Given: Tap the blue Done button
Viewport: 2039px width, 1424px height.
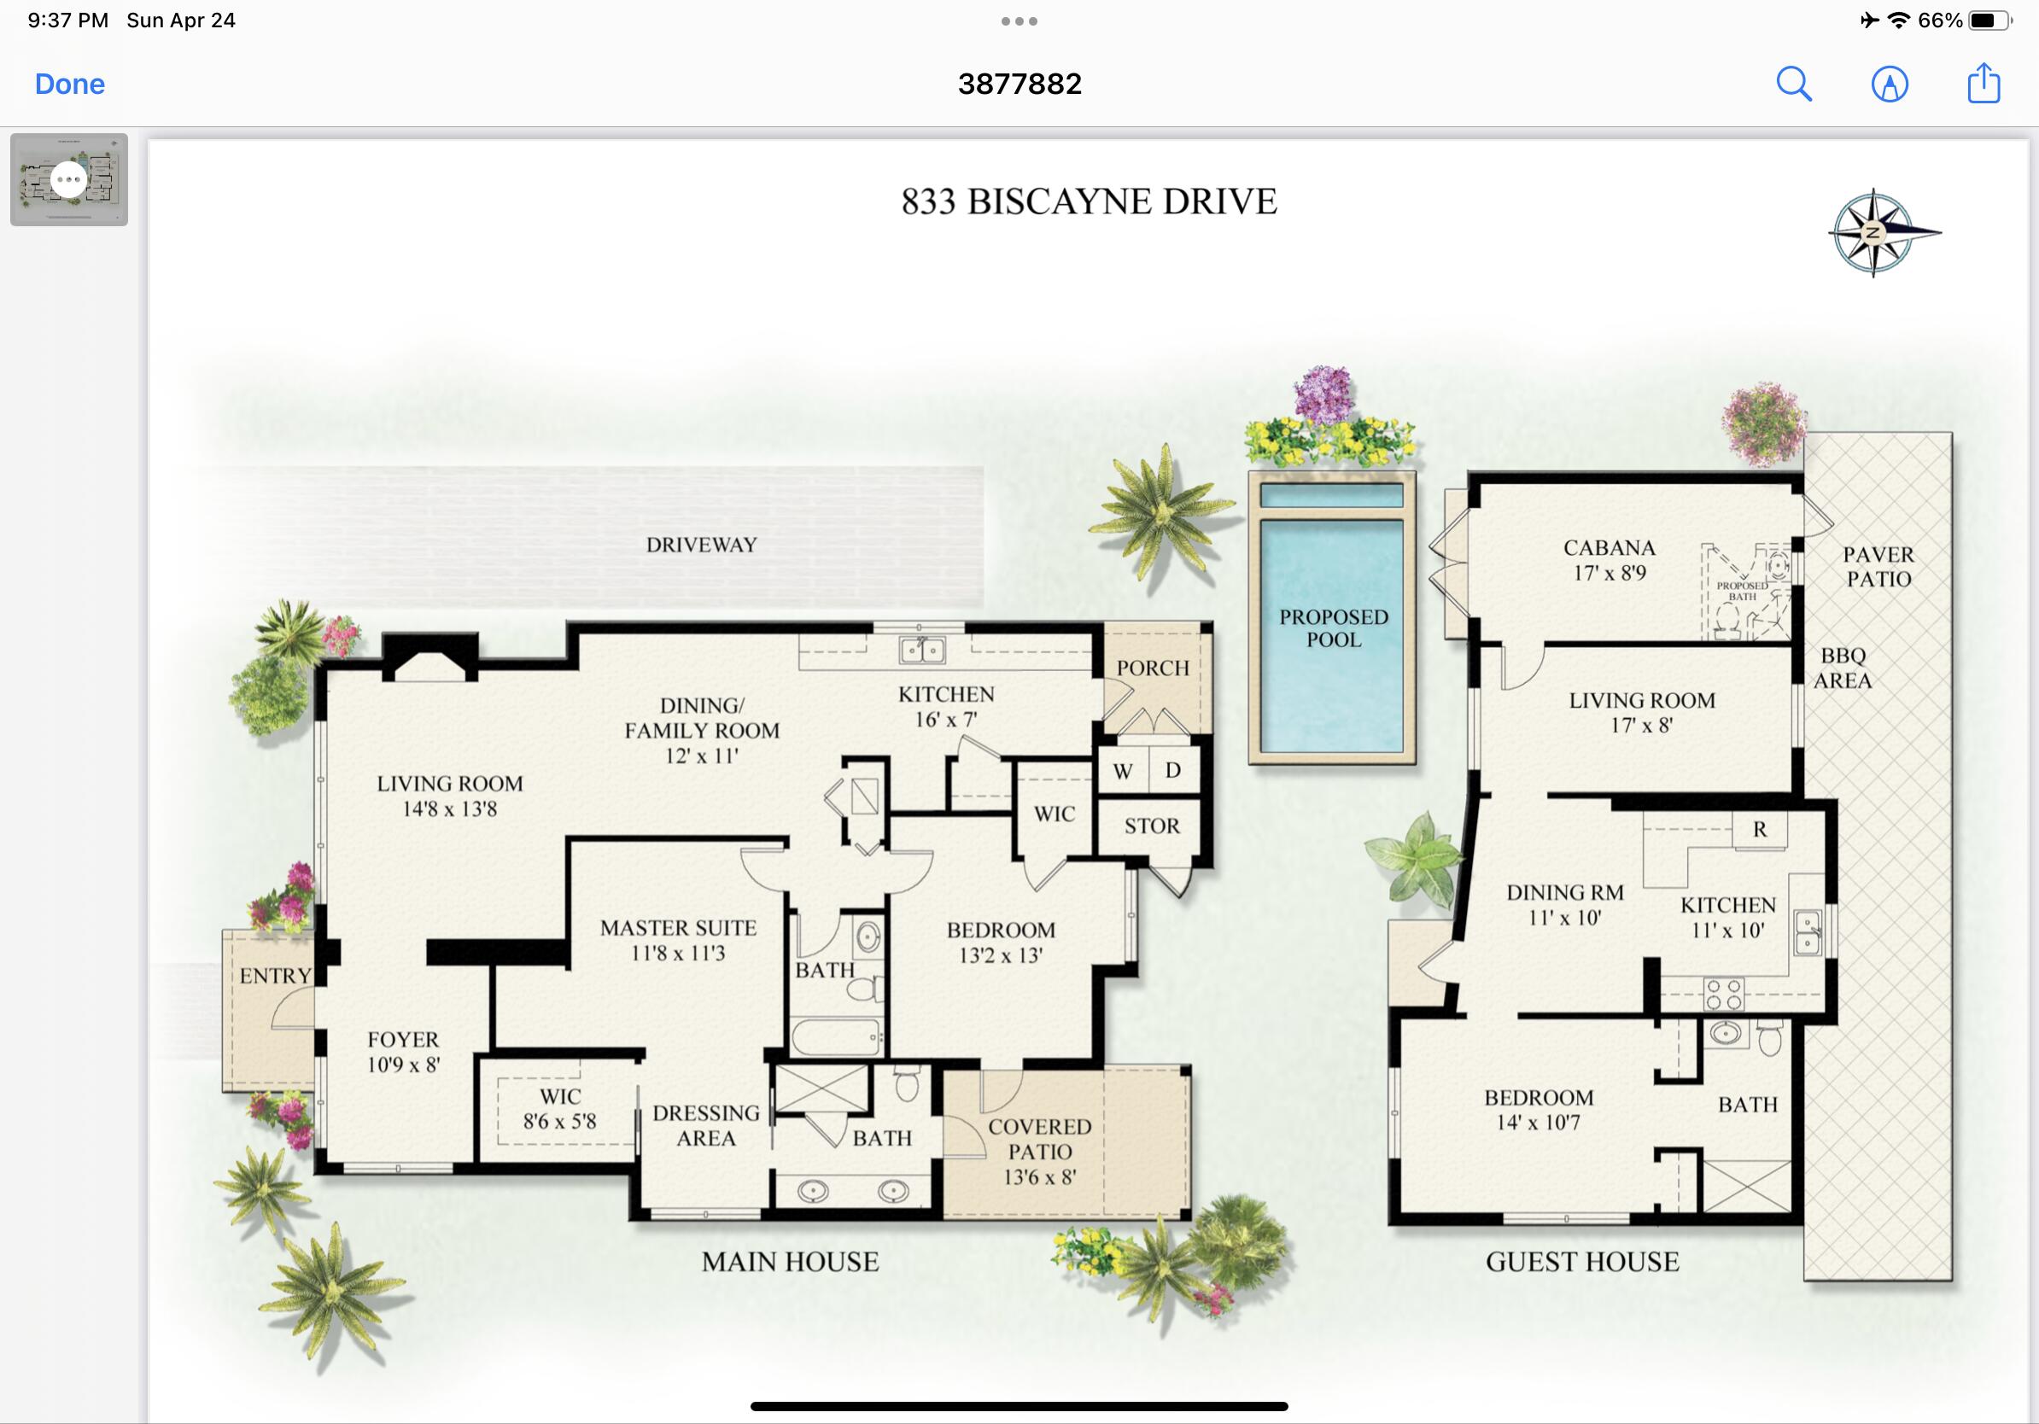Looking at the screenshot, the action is (x=69, y=85).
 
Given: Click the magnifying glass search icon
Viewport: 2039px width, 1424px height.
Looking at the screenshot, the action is (x=1794, y=85).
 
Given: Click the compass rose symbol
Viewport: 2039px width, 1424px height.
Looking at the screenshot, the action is (x=1879, y=232).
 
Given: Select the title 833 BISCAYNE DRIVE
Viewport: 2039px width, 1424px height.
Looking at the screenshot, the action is (x=1089, y=201).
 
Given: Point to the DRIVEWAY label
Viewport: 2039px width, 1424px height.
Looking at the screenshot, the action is (x=702, y=545).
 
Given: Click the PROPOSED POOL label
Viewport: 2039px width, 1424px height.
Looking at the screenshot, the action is (x=1333, y=627).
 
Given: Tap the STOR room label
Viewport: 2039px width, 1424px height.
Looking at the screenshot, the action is (x=1152, y=826).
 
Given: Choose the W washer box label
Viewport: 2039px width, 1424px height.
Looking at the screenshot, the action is (x=1123, y=772).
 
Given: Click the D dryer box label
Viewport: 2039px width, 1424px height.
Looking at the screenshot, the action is (x=1173, y=771).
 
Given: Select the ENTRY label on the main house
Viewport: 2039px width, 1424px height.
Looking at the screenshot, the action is (x=275, y=976).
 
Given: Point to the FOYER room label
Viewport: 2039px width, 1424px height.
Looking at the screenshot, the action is (x=403, y=1040).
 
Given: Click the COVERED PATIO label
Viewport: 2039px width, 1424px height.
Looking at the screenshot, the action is (x=1040, y=1139).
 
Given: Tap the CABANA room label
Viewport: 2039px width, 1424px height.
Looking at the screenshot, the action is (x=1610, y=548).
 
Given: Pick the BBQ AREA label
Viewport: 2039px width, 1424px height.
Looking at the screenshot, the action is (x=1843, y=668).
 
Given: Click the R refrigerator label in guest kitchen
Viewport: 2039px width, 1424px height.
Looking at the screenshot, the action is (x=1759, y=829).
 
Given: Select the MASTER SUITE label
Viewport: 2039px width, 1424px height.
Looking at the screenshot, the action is (x=679, y=928).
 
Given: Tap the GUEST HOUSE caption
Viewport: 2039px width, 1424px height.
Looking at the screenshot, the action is (x=1582, y=1262).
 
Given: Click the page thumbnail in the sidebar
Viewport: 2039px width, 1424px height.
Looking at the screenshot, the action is (x=69, y=179).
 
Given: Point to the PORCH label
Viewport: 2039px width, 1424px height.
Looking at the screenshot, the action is (x=1153, y=668).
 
